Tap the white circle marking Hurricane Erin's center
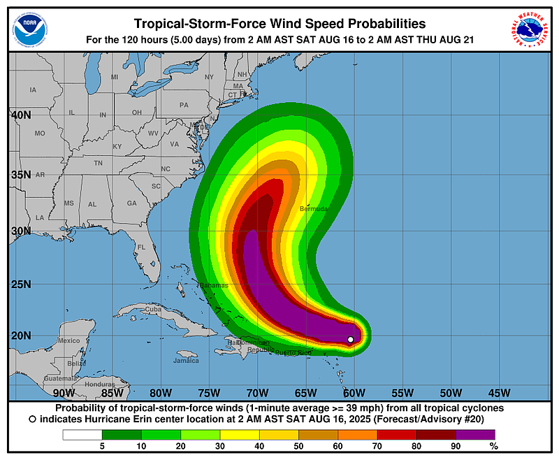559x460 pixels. coord(351,340)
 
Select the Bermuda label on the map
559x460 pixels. coord(313,208)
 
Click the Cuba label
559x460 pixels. coord(152,309)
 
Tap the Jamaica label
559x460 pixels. coord(187,361)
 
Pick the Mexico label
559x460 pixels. coord(69,340)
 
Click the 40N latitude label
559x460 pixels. coord(20,115)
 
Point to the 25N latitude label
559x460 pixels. coord(20,284)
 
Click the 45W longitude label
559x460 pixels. coord(499,392)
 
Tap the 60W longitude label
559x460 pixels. coord(354,392)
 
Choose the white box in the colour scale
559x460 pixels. coord(82,434)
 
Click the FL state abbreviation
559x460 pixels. coord(140,247)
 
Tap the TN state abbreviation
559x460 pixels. coord(99,163)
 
